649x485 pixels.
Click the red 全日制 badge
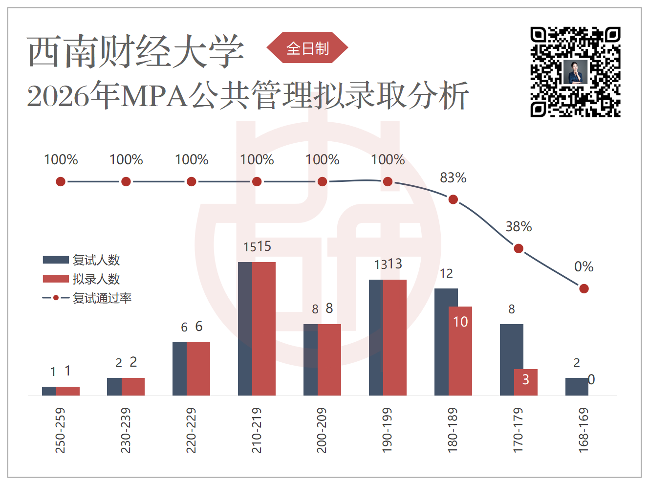(x=307, y=47)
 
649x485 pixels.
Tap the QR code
(x=575, y=72)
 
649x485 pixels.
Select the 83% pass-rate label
(x=453, y=178)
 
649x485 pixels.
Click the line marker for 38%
(x=519, y=248)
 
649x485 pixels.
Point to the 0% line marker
(x=584, y=288)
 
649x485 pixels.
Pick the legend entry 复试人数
(x=81, y=260)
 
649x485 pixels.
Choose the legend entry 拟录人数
(x=81, y=279)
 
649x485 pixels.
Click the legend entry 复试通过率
(x=87, y=298)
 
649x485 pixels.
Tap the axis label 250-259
(x=60, y=430)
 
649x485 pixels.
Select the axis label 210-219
(x=257, y=430)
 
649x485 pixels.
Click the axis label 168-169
(x=584, y=430)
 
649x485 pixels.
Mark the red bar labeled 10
(x=460, y=351)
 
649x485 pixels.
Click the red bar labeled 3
(x=525, y=382)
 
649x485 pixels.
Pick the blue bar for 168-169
(x=577, y=387)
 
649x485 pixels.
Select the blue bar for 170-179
(x=512, y=360)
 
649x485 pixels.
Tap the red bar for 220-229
(x=198, y=369)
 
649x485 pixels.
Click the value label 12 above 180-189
(x=446, y=274)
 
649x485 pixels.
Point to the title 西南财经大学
(x=135, y=51)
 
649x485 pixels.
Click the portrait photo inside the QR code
(x=575, y=72)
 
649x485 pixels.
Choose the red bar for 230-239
(x=133, y=387)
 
